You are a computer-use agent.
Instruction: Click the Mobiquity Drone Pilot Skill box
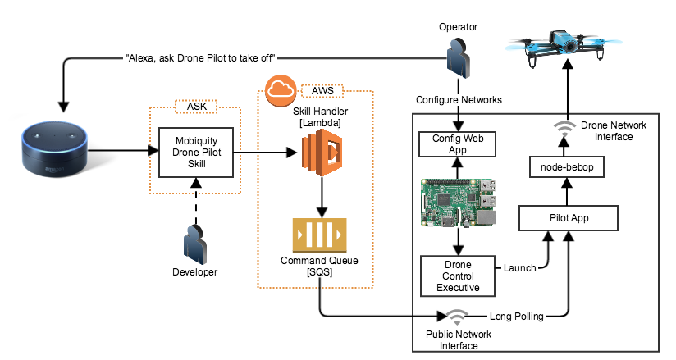(194, 151)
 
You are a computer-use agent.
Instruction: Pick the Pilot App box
(567, 218)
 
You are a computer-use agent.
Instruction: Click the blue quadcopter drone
(567, 43)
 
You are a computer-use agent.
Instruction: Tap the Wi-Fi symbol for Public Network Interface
(456, 317)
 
